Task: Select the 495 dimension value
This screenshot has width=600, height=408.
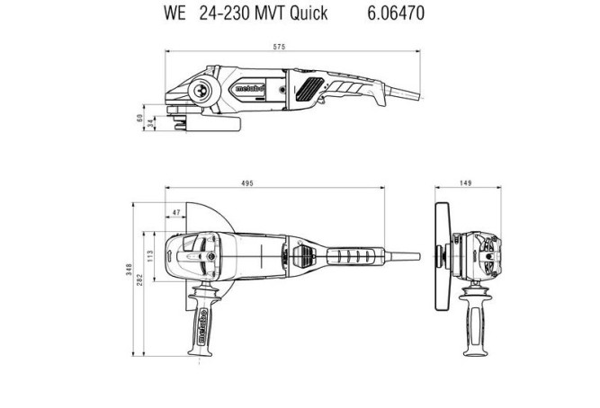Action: [x=247, y=183]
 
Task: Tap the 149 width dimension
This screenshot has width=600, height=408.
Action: [x=466, y=183]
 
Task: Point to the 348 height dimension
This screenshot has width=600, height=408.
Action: [x=130, y=270]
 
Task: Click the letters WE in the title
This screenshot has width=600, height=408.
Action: [x=175, y=13]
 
